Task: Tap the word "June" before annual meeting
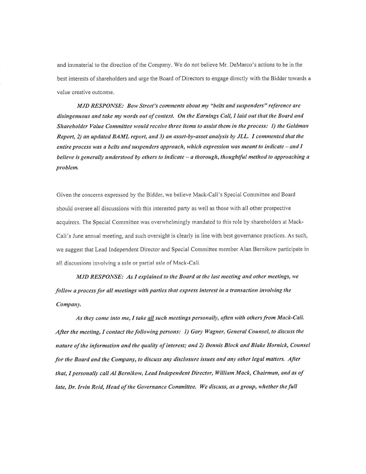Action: [x=78, y=236]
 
